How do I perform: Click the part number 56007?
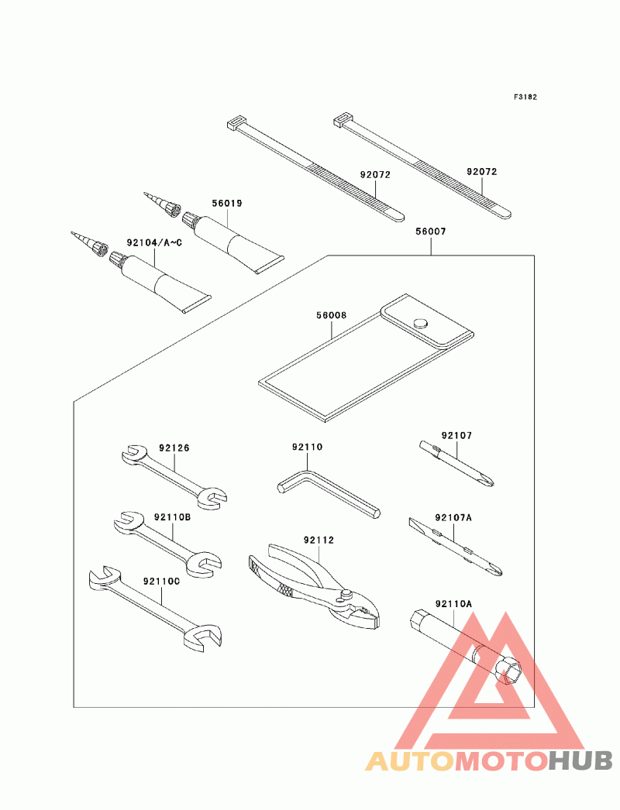[x=430, y=232]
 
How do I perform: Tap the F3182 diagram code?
[x=525, y=97]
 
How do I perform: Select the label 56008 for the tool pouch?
[x=332, y=315]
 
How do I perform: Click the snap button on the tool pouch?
[x=421, y=323]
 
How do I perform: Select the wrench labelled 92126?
[x=174, y=477]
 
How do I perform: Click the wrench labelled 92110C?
[x=155, y=609]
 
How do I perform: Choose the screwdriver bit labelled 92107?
[x=456, y=463]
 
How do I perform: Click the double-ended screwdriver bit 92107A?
[x=455, y=547]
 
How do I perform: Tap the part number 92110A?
[x=453, y=603]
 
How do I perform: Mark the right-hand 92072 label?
[x=482, y=171]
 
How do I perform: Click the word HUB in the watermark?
[x=580, y=760]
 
